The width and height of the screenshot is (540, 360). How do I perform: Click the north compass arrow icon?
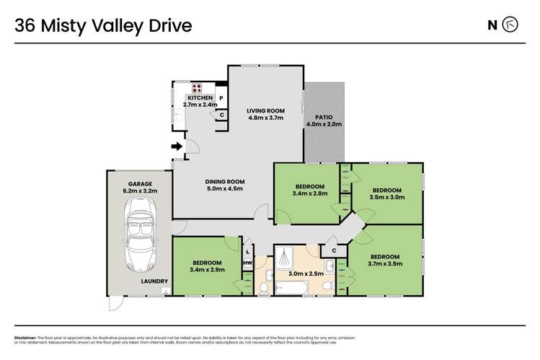pyautogui.click(x=510, y=26)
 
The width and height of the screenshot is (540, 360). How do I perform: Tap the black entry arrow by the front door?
pyautogui.click(x=176, y=148)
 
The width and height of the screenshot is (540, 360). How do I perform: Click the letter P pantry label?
pyautogui.click(x=222, y=97)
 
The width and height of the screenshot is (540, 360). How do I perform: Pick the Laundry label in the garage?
pyautogui.click(x=154, y=281)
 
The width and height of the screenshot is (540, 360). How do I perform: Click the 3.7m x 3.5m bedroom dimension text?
pyautogui.click(x=384, y=264)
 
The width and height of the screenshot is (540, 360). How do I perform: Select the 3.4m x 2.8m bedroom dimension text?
pyautogui.click(x=309, y=193)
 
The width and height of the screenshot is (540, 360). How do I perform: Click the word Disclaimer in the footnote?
pyautogui.click(x=27, y=338)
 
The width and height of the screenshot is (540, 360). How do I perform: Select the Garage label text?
pyautogui.click(x=141, y=185)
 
